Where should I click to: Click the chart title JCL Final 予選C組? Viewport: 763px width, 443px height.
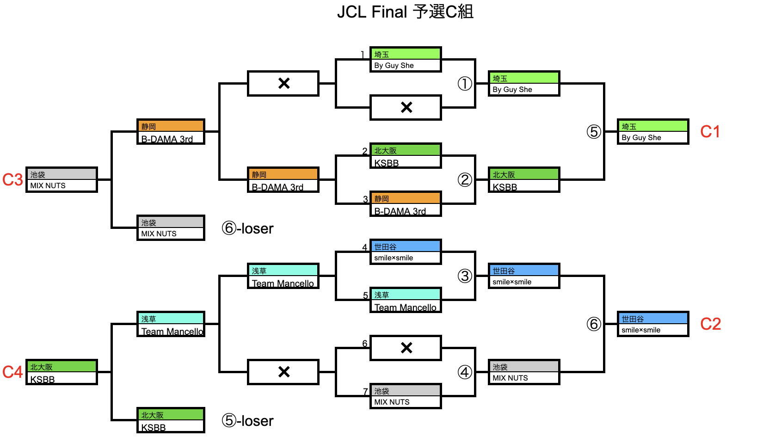click(405, 12)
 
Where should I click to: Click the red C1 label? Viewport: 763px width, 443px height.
click(710, 132)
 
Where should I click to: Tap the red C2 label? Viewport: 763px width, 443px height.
click(710, 324)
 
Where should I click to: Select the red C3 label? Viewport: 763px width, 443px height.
click(12, 180)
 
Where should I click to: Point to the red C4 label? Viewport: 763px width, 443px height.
click(12, 372)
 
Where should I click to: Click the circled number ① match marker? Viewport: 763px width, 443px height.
click(465, 84)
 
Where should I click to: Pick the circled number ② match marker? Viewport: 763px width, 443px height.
click(465, 180)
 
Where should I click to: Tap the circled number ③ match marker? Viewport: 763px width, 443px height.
click(465, 276)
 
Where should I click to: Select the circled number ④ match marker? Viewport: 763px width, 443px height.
click(465, 372)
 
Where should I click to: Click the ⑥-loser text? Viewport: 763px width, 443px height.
click(247, 228)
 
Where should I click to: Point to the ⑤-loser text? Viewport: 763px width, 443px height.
click(247, 421)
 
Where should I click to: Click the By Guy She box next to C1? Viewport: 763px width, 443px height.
click(652, 132)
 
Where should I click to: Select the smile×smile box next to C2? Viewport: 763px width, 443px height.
click(652, 324)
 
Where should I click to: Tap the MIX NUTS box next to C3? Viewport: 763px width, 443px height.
click(62, 180)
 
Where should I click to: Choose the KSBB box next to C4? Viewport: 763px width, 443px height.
click(62, 372)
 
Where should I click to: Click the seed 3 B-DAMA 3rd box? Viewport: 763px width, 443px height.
click(406, 204)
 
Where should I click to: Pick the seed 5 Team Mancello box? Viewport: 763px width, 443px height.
click(406, 300)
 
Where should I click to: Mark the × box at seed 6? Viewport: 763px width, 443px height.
click(406, 348)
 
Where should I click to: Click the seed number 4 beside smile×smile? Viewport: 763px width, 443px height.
click(365, 247)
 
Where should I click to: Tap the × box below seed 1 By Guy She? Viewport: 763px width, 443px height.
click(406, 108)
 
